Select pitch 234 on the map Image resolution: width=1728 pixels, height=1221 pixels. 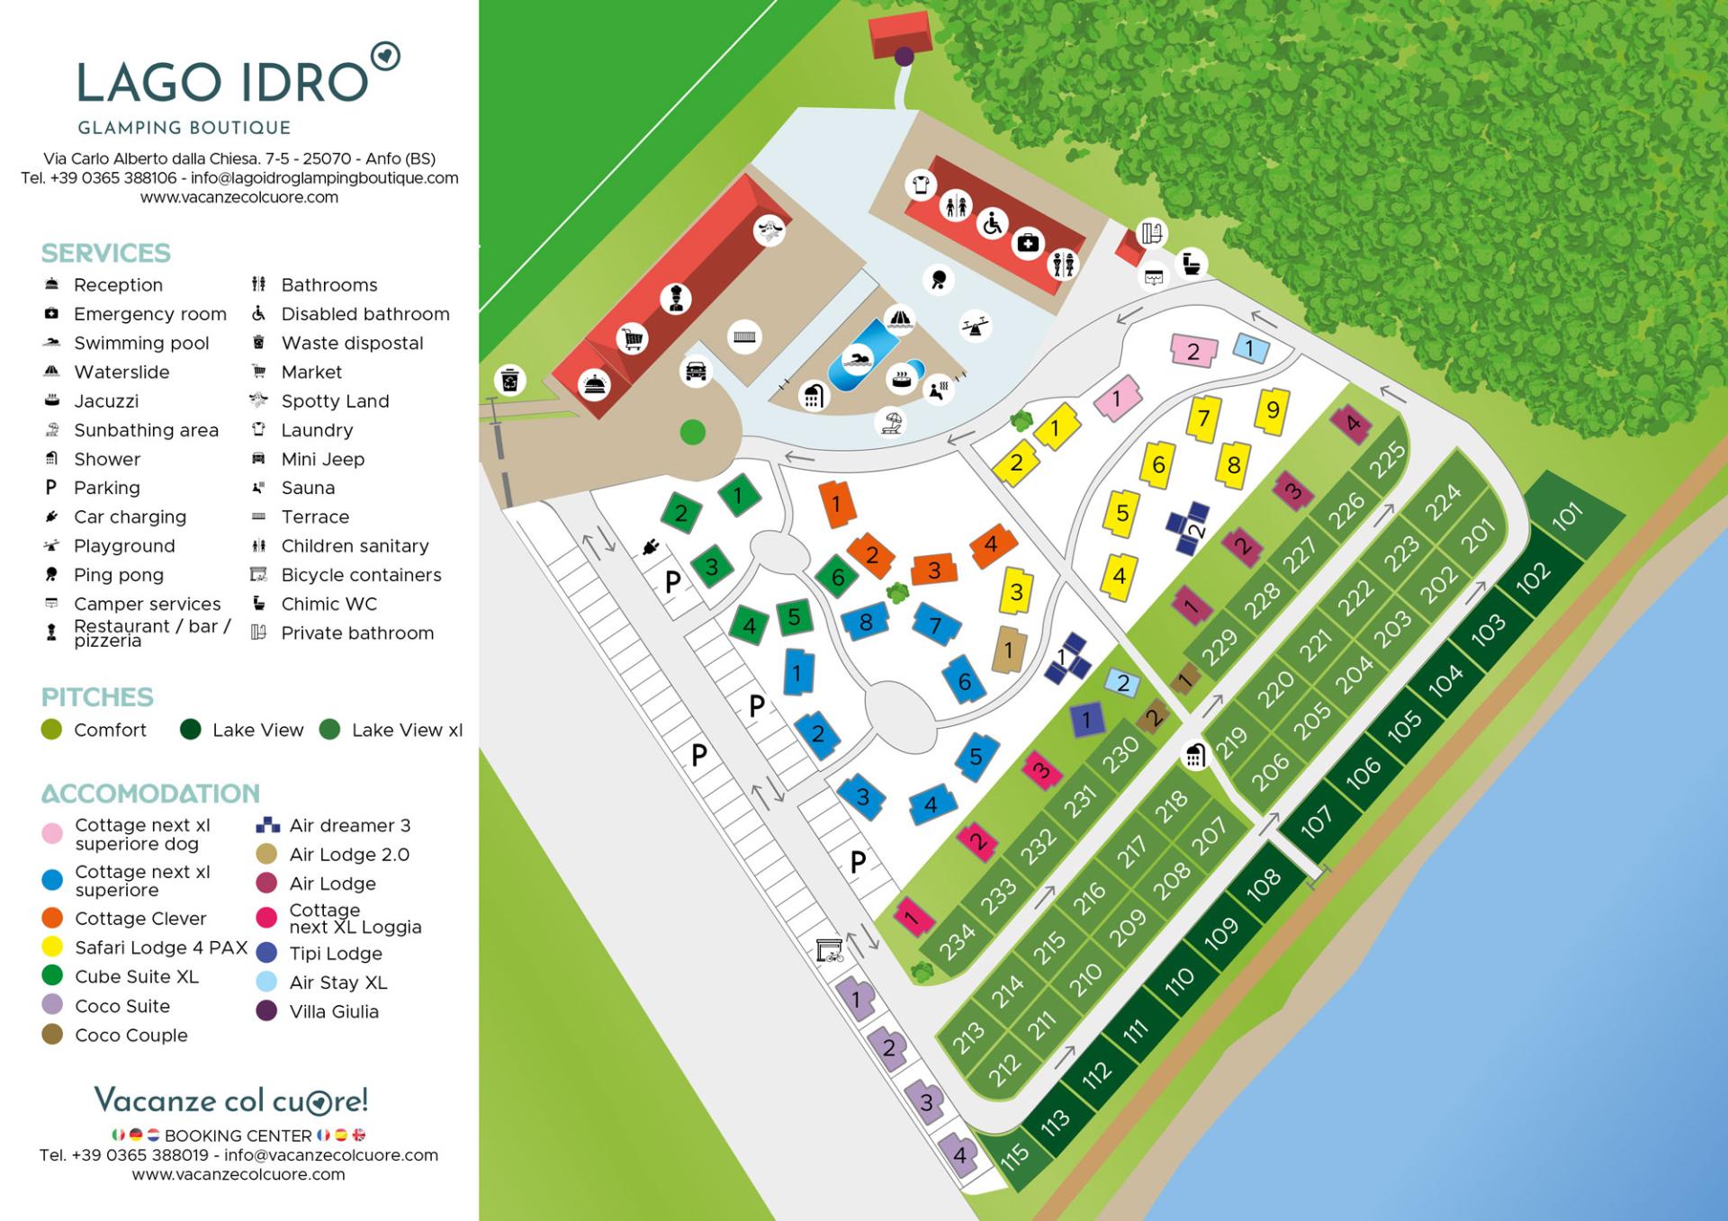tap(956, 938)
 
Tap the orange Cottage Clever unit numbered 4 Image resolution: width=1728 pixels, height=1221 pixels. tap(992, 544)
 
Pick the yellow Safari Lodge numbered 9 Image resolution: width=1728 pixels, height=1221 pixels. tap(1273, 410)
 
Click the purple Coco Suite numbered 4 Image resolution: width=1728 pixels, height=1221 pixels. tap(959, 1154)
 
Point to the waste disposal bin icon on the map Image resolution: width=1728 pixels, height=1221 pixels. tap(510, 380)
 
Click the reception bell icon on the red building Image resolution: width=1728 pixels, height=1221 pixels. tap(595, 384)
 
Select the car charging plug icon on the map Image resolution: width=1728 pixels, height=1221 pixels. tap(651, 547)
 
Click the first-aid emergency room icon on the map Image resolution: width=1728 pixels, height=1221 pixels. tap(1028, 242)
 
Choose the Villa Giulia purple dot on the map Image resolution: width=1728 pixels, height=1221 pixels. tap(904, 57)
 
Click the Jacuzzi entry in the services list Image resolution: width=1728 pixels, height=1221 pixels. tap(105, 401)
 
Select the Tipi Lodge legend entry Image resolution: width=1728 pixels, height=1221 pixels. tap(335, 954)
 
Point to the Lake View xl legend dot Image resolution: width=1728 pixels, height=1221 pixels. tap(329, 730)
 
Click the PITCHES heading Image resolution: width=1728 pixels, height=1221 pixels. tap(97, 697)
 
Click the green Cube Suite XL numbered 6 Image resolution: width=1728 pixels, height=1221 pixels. tap(838, 577)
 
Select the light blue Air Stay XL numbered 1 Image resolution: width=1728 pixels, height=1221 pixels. tap(1249, 348)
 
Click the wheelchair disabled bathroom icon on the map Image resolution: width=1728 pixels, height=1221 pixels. tap(992, 223)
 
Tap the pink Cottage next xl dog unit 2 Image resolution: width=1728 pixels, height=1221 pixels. tap(1193, 351)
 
